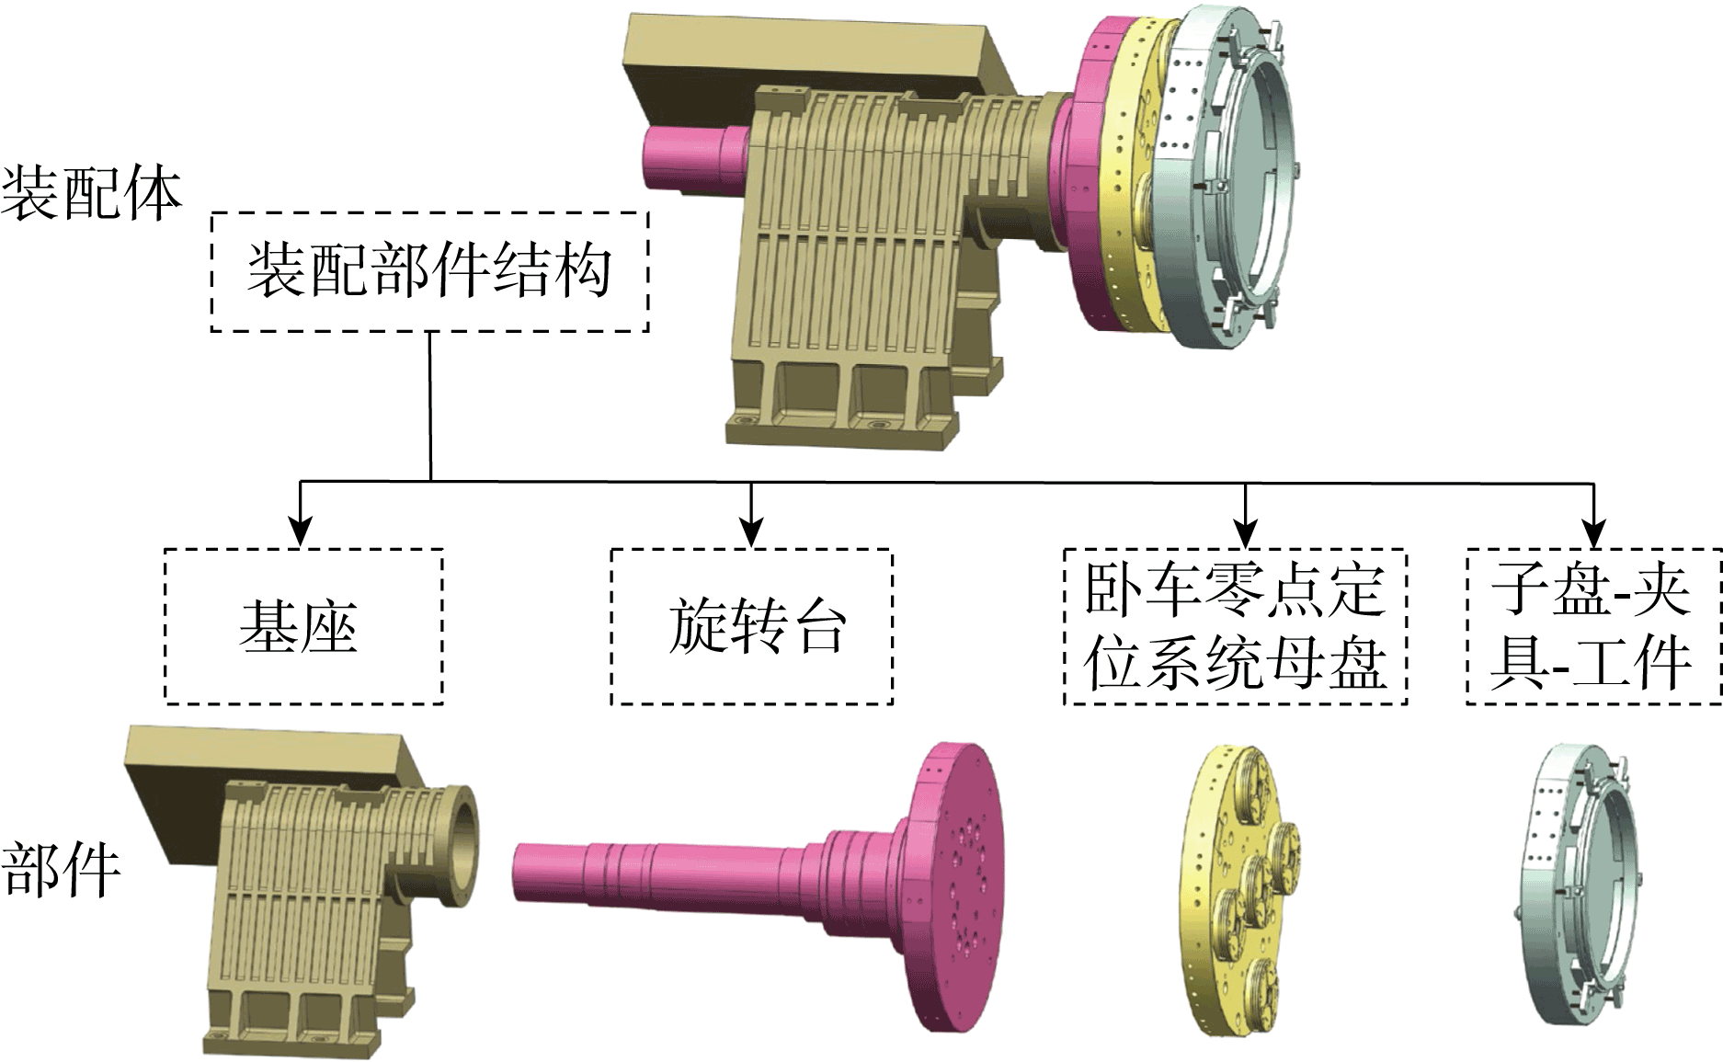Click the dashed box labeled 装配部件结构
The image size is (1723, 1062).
pyautogui.click(x=429, y=272)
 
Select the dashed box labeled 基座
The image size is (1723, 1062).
pyautogui.click(x=303, y=627)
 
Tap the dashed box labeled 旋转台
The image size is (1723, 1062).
pyautogui.click(x=751, y=627)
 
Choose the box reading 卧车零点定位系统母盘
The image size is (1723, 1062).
pyautogui.click(x=1235, y=627)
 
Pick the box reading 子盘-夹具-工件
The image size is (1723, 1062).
pyautogui.click(x=1592, y=627)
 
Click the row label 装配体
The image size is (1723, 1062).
pyautogui.click(x=90, y=194)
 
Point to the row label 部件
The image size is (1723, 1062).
pyautogui.click(x=61, y=869)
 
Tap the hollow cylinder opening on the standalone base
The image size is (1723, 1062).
pyautogui.click(x=460, y=832)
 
